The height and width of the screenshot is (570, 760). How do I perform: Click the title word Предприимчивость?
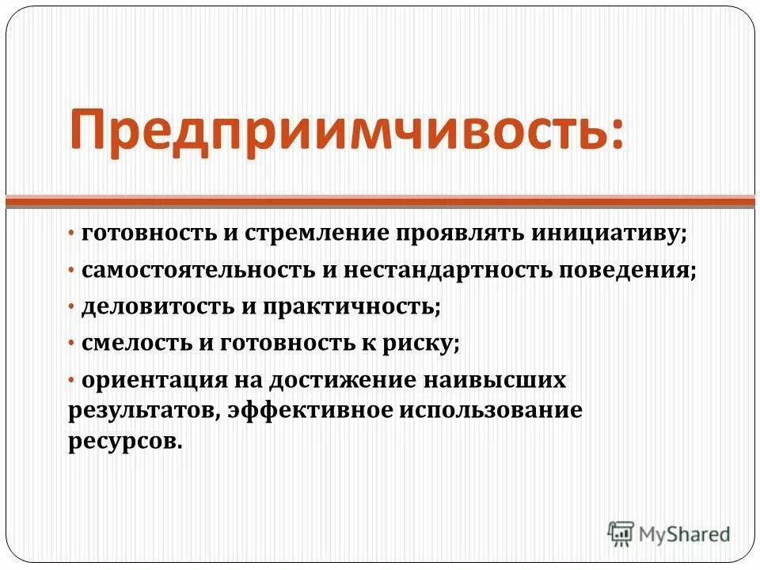tap(342, 131)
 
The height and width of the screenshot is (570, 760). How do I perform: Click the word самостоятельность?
tap(198, 270)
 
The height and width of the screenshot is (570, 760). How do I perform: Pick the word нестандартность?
tap(447, 270)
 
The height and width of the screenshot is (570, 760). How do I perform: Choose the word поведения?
tap(625, 271)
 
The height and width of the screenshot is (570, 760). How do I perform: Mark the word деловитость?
tap(158, 307)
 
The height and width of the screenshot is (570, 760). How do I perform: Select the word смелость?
tap(137, 343)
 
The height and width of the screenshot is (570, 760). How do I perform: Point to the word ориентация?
tap(154, 380)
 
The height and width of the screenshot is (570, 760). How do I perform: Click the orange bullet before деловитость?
tap(71, 307)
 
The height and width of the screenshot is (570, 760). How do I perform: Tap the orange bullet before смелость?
tap(71, 344)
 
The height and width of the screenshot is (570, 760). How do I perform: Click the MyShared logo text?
tap(684, 534)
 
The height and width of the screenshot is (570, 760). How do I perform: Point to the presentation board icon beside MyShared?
tap(621, 534)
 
